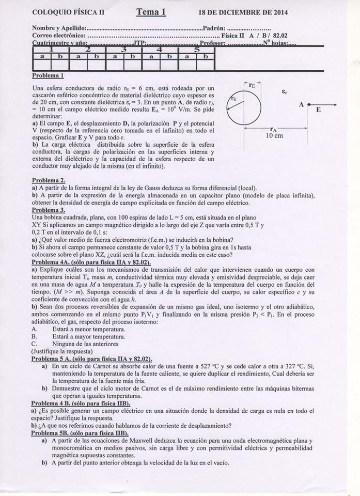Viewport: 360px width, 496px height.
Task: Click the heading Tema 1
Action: [x=151, y=12]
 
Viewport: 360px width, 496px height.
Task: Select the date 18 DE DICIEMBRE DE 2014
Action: [x=243, y=12]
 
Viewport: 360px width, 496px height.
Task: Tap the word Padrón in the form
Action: [x=214, y=28]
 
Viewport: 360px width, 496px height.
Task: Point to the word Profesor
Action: [x=212, y=43]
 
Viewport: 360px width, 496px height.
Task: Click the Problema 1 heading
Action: [x=48, y=75]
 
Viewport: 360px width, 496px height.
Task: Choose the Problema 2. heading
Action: [x=49, y=180]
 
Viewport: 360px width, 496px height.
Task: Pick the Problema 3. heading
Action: [x=49, y=210]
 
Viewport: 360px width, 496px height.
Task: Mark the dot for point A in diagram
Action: [x=309, y=105]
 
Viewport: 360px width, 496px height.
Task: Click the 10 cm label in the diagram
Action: [x=274, y=136]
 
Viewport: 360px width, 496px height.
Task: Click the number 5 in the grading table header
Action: [x=196, y=50]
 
